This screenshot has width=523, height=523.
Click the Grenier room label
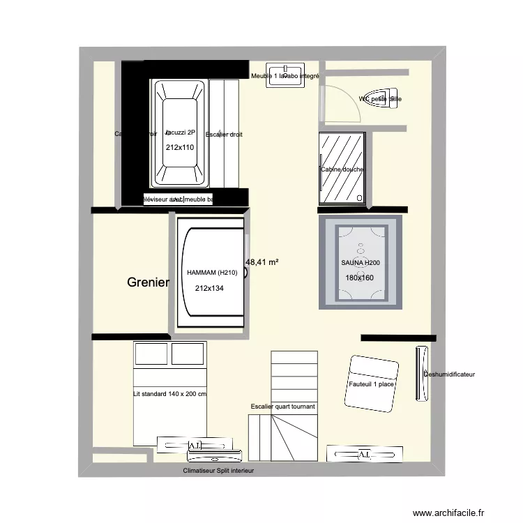point(148,282)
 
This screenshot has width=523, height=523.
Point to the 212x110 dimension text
point(179,148)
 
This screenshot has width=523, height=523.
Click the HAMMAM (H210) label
point(212,273)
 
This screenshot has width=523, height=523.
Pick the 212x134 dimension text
point(209,289)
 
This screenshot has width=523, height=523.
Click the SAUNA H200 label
point(361,263)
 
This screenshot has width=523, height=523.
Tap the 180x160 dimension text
point(360,278)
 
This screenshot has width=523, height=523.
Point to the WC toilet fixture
point(385,98)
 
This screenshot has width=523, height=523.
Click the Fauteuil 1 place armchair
point(370,384)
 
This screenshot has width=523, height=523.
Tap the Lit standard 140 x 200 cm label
point(170,394)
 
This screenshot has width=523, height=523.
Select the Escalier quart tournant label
point(282,407)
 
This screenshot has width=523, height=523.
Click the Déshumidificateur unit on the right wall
point(422,374)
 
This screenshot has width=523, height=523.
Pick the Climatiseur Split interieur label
point(218,471)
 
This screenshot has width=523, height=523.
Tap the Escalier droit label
point(225,134)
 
